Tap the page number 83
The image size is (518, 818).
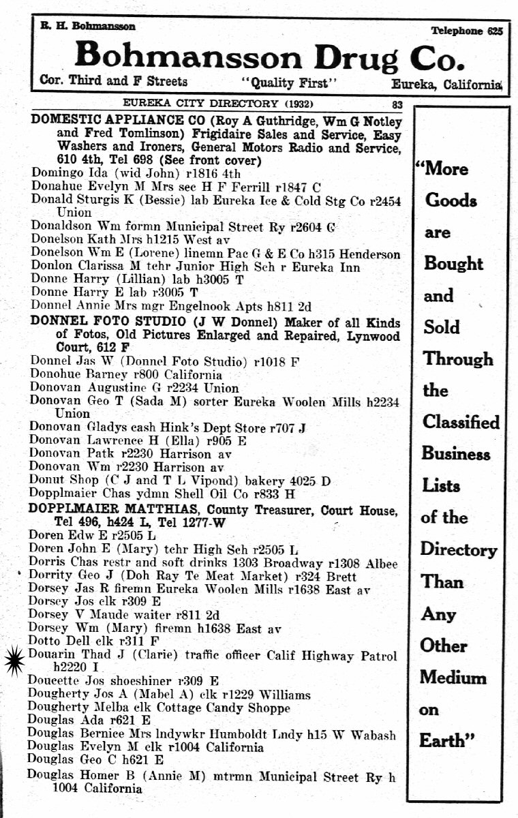click(x=398, y=104)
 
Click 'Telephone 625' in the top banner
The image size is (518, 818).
click(x=466, y=31)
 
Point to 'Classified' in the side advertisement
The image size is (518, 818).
click(x=461, y=422)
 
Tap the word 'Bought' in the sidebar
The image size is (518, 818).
click(x=453, y=263)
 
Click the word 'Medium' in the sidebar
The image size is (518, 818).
click(x=453, y=677)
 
